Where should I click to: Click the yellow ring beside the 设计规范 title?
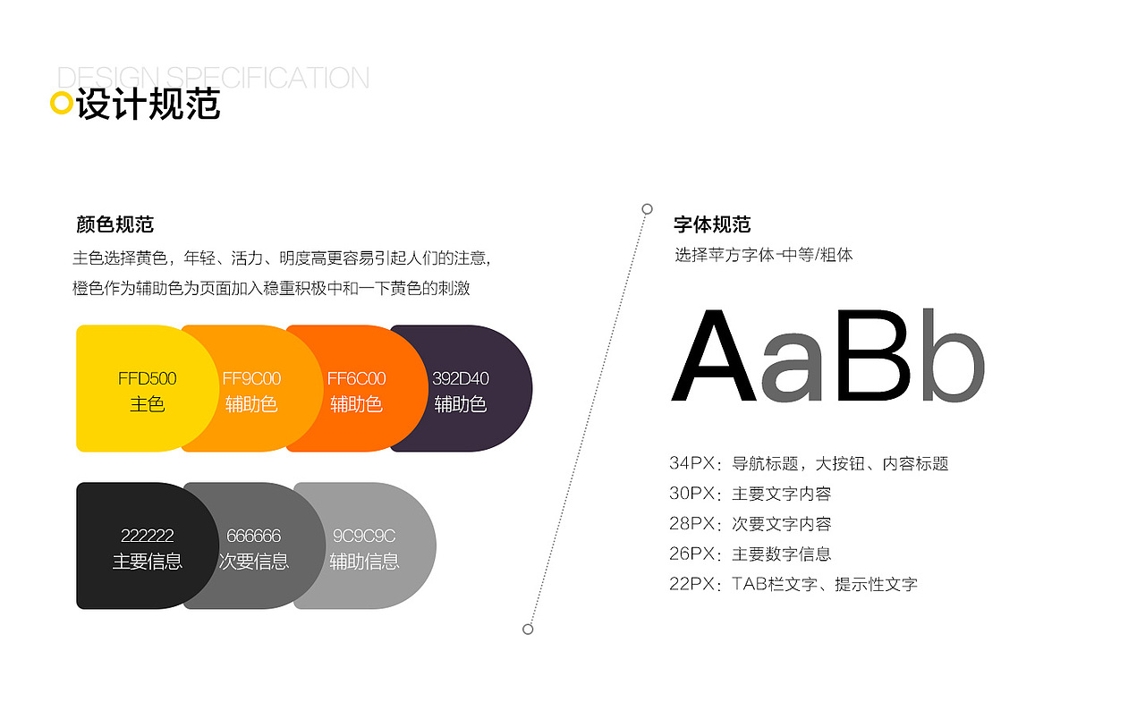click(x=61, y=104)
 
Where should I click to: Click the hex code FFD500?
click(x=147, y=378)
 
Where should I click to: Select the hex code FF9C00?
click(x=251, y=378)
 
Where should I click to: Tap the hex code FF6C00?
click(x=356, y=378)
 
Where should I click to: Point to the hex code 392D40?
click(x=460, y=378)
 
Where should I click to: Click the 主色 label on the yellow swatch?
click(x=147, y=404)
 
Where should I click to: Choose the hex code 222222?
click(x=147, y=536)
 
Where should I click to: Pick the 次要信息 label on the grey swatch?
click(x=253, y=562)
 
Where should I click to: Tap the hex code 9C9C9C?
click(x=363, y=536)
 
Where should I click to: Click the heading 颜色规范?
click(x=114, y=224)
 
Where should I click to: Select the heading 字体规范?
click(x=712, y=224)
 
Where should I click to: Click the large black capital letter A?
click(x=713, y=357)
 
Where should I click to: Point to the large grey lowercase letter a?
click(x=792, y=368)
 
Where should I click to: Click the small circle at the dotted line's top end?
click(x=647, y=209)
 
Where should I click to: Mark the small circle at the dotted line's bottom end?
click(x=528, y=630)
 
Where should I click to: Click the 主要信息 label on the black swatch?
click(x=147, y=562)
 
